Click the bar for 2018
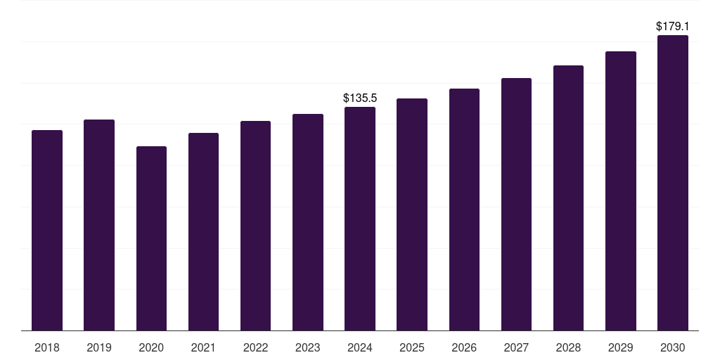point(47,231)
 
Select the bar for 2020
point(151,238)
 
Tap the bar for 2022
point(255,226)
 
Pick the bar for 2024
point(360,219)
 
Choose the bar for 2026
point(464,210)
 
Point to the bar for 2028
point(568,198)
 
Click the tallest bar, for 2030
point(673,183)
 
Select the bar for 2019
point(99,225)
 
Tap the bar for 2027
point(516,204)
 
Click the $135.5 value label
point(360,98)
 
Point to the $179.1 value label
point(672,26)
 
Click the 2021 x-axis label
point(203,347)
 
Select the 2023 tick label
point(308,347)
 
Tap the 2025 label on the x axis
point(412,347)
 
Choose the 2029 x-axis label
point(620,347)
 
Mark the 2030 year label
point(673,347)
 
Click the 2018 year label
point(47,347)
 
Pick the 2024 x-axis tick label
point(360,347)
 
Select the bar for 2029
point(620,191)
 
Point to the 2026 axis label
point(464,347)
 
